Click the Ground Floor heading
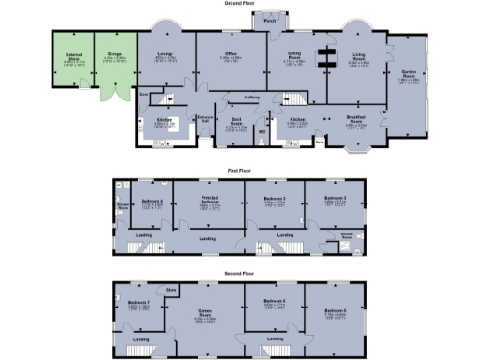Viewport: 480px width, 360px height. [240, 4]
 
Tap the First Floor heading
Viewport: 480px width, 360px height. [240, 171]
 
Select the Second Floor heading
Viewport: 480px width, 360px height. [240, 273]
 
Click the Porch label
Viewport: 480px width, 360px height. [270, 21]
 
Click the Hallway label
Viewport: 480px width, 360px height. [252, 97]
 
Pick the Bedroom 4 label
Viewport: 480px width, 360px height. [152, 201]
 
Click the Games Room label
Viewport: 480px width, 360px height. [205, 316]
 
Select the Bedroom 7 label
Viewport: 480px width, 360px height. [139, 303]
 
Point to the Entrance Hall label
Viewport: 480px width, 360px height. [204, 119]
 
